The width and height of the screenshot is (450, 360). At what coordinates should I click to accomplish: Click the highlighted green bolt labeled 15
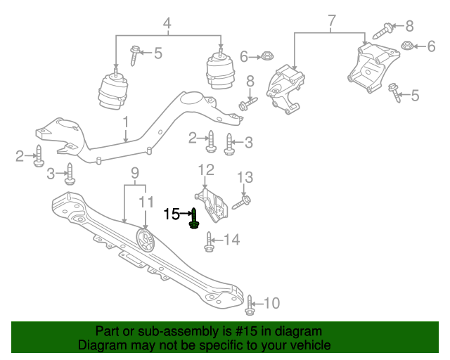click(194, 219)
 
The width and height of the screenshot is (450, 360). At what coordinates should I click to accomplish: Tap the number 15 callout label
click(172, 214)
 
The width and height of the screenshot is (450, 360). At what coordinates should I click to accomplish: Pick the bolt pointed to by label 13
click(238, 203)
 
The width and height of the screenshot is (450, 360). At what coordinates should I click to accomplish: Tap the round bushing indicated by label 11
click(145, 241)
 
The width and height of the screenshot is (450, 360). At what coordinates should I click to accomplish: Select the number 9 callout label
click(134, 172)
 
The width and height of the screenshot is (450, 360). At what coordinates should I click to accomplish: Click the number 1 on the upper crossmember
click(125, 122)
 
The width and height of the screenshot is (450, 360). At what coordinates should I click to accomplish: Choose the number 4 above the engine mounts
click(167, 26)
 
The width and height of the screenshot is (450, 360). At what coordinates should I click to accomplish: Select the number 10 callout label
click(271, 304)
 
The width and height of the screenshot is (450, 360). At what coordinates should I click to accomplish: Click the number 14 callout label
click(231, 240)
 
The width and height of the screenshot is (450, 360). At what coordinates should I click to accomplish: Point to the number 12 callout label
click(205, 169)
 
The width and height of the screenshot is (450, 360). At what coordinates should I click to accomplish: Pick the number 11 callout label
click(145, 202)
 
